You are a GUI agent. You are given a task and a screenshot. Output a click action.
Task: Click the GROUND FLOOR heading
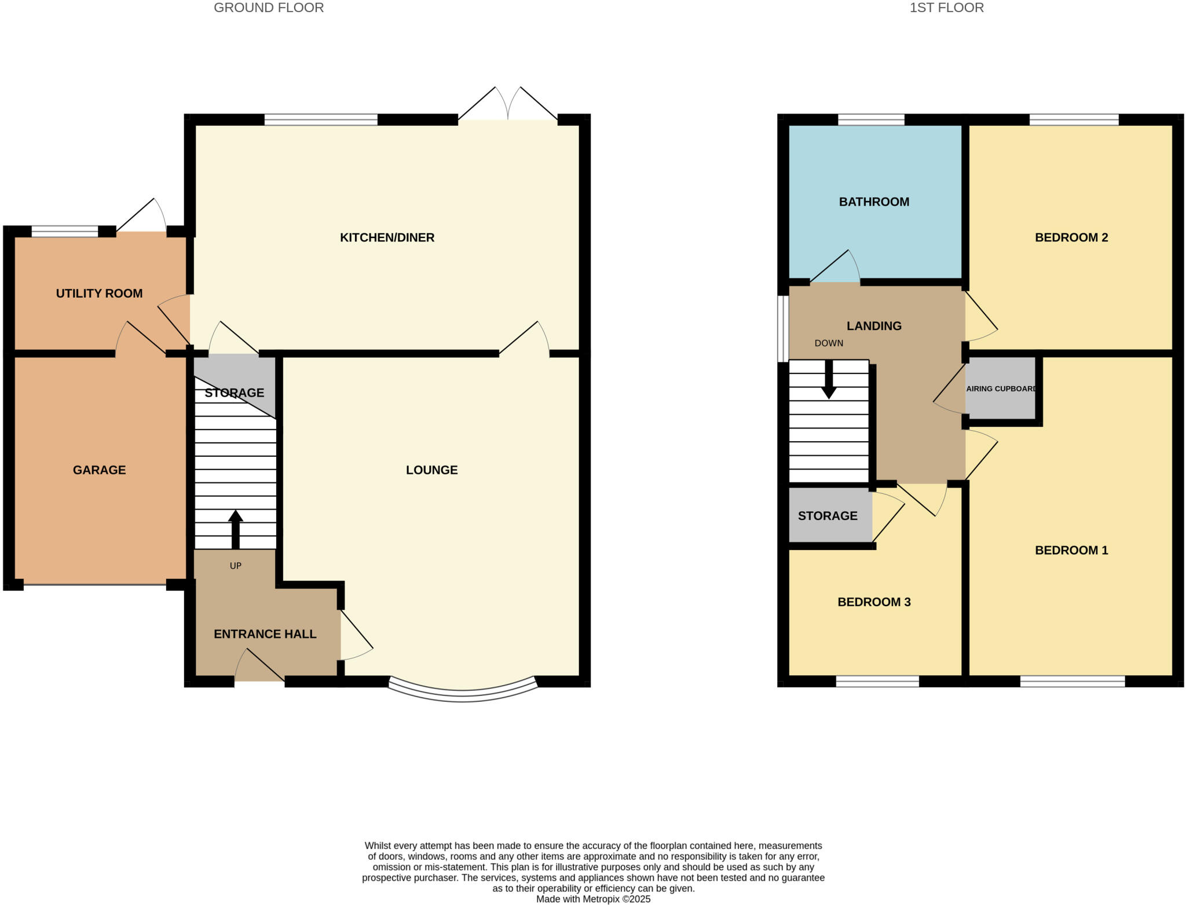[269, 8]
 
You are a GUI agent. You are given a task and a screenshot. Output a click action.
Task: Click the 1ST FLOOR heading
[946, 8]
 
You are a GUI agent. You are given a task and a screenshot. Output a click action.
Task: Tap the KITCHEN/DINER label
[387, 237]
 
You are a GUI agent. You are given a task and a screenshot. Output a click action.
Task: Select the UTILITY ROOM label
[99, 294]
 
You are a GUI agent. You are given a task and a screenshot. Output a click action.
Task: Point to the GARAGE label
[99, 470]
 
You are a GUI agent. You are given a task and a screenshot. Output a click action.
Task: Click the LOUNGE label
[431, 470]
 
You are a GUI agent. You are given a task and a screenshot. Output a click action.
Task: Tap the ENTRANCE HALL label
[265, 634]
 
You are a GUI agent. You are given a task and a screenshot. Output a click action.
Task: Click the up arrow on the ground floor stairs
[235, 528]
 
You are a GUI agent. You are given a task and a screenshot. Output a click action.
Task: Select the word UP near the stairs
[235, 566]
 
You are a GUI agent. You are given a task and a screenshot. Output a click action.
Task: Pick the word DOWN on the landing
[829, 343]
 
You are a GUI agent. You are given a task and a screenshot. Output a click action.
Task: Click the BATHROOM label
[874, 202]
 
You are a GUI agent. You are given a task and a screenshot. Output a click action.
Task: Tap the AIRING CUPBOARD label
[1001, 389]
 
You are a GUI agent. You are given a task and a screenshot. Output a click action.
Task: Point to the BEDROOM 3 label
[874, 602]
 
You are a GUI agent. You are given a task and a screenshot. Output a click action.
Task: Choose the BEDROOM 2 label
[1071, 237]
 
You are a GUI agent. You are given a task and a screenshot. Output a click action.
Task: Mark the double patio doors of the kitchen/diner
[508, 110]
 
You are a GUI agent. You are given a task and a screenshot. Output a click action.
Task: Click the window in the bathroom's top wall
[871, 120]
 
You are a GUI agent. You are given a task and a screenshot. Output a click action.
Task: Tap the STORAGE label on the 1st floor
[828, 516]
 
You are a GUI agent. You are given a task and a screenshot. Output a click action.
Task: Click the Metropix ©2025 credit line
[593, 899]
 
